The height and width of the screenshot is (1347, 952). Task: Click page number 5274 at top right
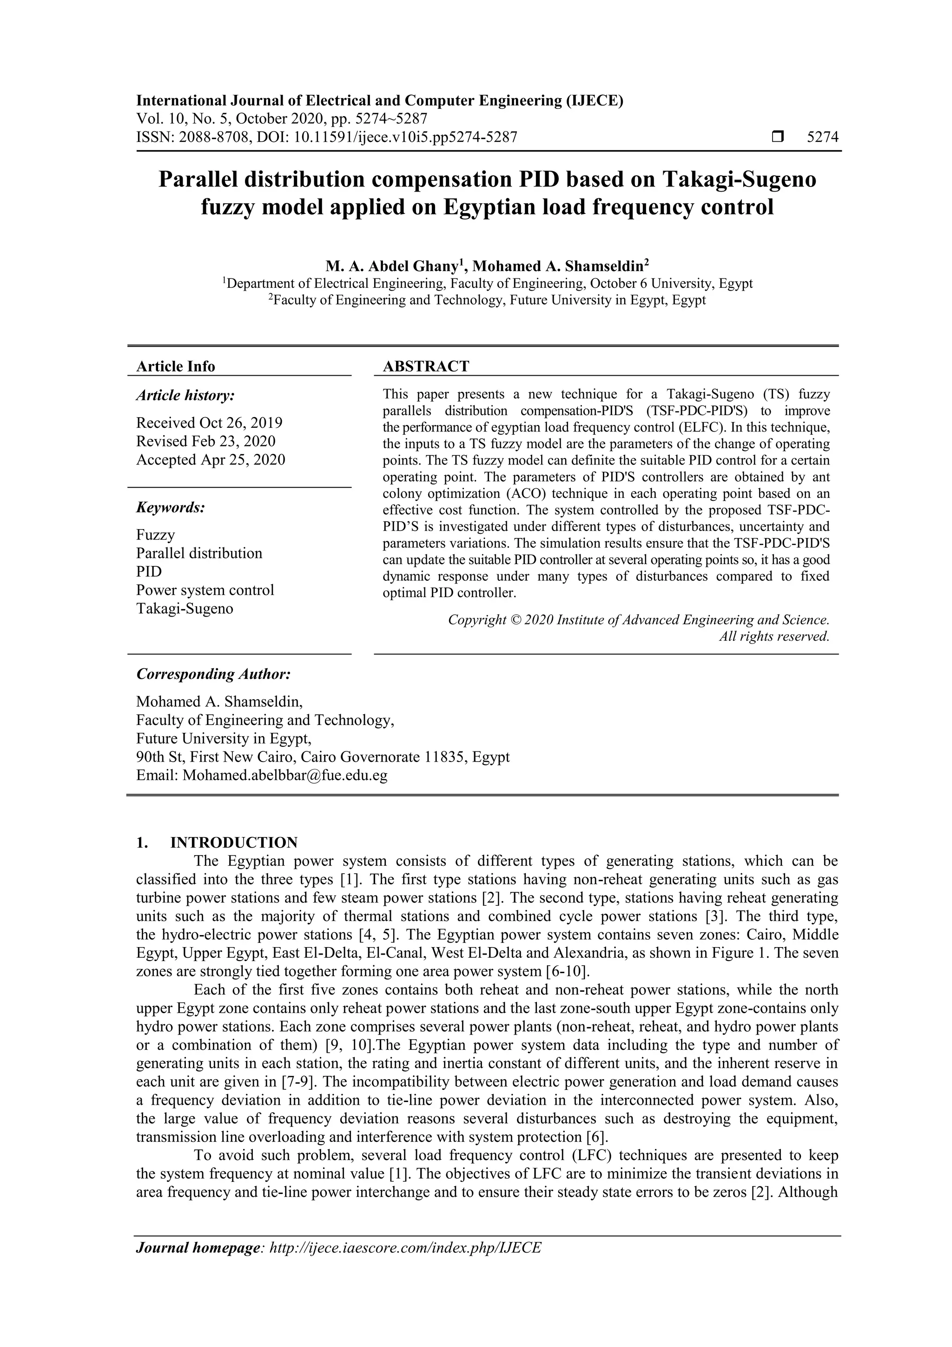pos(822,137)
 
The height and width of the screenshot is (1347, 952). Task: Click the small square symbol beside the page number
pos(778,137)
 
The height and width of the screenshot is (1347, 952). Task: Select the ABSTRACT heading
pos(426,367)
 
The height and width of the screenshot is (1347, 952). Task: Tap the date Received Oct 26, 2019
pos(209,423)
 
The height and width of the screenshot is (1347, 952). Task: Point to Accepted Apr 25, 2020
pos(211,460)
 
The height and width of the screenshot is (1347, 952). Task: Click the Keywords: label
pos(171,507)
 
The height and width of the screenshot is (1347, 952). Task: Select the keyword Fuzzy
pos(155,535)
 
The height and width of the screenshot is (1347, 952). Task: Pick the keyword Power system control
pos(205,590)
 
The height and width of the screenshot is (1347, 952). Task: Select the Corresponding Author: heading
pos(213,674)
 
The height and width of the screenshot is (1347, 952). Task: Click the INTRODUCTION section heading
pos(233,843)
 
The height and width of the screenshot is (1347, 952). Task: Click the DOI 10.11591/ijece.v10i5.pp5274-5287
pos(405,137)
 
